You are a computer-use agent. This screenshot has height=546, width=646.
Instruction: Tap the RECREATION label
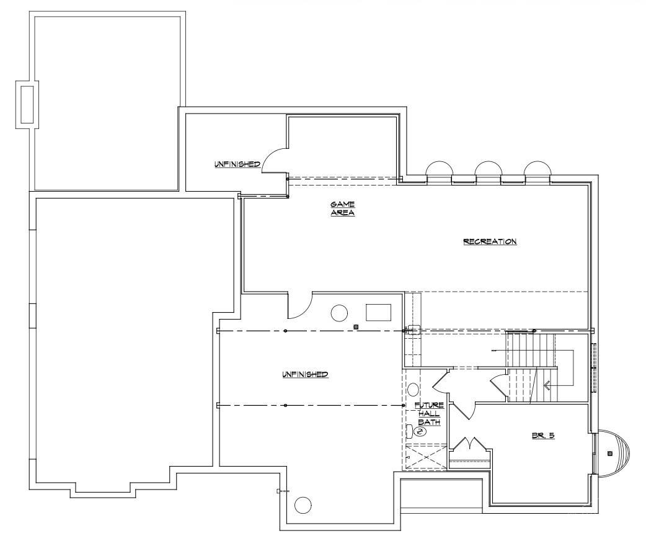tap(490, 241)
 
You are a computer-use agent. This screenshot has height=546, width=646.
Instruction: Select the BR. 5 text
tap(542, 436)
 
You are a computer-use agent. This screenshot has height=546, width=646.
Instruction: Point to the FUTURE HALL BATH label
tap(428, 413)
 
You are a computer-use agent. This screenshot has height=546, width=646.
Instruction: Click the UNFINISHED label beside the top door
tap(237, 164)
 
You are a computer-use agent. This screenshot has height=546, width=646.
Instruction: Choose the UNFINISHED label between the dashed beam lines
tap(305, 374)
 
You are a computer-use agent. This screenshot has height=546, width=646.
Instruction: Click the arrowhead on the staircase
tap(547, 385)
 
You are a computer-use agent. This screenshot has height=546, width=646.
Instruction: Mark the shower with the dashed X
tap(425, 457)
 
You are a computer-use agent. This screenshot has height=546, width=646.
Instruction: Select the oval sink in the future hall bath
tap(413, 390)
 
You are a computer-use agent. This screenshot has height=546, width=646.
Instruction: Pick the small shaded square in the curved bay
tap(610, 454)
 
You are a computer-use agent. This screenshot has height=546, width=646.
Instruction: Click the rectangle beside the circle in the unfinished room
tap(378, 312)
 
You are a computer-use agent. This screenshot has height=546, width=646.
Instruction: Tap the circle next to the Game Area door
tap(339, 313)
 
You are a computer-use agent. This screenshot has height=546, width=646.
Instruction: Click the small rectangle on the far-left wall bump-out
tap(27, 104)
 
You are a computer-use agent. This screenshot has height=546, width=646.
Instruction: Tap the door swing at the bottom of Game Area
tap(299, 305)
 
